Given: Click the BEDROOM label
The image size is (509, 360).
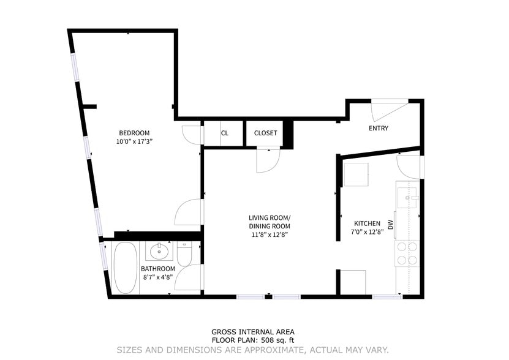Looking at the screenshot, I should point(134,133).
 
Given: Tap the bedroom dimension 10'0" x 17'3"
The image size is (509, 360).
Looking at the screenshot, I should point(134,141).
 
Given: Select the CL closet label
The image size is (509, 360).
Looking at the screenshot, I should point(224,133).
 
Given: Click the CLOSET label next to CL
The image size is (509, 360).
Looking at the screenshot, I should point(265,133).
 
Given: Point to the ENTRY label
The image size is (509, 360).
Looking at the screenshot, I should point(378,128).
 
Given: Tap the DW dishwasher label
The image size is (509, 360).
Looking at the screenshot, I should point(390,225).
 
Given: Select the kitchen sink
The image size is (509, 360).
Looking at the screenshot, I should point(407,198).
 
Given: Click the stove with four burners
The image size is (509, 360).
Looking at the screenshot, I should point(407,253).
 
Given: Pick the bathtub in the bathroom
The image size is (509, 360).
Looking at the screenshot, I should point(126,269).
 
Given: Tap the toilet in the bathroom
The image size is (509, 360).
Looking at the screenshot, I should point(186,254).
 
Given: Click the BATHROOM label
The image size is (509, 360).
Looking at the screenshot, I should point(158,269).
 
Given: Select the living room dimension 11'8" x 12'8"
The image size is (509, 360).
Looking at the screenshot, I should point(269,234).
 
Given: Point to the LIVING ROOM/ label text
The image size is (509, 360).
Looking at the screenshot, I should point(269,218).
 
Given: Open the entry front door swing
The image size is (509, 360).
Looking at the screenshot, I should point(388,110).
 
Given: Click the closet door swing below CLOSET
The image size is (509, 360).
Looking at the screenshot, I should point(268,160).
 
